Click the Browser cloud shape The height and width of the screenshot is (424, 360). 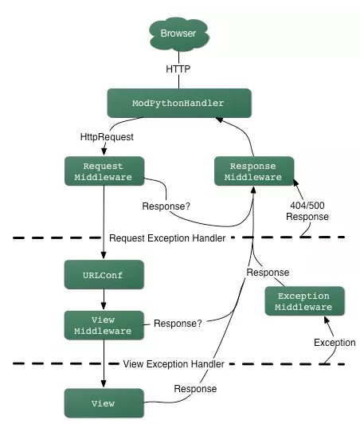[179, 34]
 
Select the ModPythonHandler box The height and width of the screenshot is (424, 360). [179, 103]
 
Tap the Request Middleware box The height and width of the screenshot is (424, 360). [104, 171]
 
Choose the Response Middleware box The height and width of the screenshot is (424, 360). [254, 171]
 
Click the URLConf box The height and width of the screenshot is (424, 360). [104, 274]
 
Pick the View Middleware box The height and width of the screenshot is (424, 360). [104, 325]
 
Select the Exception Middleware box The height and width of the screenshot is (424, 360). [304, 301]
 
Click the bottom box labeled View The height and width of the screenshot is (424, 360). [104, 403]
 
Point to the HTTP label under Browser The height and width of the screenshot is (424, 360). [178, 69]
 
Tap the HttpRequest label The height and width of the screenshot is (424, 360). [107, 137]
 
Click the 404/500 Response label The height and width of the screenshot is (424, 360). [307, 211]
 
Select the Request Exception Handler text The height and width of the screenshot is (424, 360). [167, 238]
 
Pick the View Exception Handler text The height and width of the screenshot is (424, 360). [174, 364]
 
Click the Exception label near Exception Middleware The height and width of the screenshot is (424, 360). [335, 343]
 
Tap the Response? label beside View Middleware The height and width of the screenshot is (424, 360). [178, 324]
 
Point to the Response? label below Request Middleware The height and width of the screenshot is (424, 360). [166, 206]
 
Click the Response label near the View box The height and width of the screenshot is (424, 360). [195, 389]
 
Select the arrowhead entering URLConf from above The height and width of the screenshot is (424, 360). [104, 256]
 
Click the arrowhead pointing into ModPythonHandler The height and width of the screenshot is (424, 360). [220, 120]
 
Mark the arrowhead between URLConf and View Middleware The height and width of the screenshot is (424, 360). [104, 306]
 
